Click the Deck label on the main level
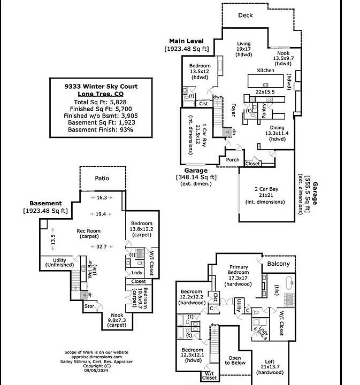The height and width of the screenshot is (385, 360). pyautogui.click(x=246, y=16)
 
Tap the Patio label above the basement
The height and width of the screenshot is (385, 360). pyautogui.click(x=102, y=179)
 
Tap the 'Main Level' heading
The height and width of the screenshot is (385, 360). pyautogui.click(x=185, y=41)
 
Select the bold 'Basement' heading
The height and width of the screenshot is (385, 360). pyautogui.click(x=45, y=204)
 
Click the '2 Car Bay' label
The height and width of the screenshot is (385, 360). pyautogui.click(x=266, y=189)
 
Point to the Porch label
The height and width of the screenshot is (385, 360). pyautogui.click(x=233, y=160)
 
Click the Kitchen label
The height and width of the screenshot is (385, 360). pyautogui.click(x=265, y=71)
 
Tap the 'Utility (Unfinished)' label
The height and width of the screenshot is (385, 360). pyautogui.click(x=56, y=262)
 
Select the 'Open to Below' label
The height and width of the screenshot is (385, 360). pyautogui.click(x=234, y=360)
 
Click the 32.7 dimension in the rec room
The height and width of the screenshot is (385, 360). pyautogui.click(x=101, y=247)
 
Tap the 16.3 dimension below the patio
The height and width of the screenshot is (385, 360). pyautogui.click(x=102, y=198)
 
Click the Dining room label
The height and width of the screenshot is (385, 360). pyautogui.click(x=277, y=127)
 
